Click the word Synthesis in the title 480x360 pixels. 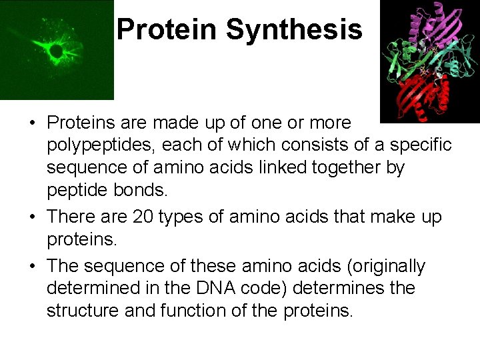point(294,30)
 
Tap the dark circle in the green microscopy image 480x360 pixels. point(57,51)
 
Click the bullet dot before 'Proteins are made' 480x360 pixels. point(33,123)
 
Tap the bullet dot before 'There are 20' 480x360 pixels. point(33,217)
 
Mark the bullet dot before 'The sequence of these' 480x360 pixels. point(33,266)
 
